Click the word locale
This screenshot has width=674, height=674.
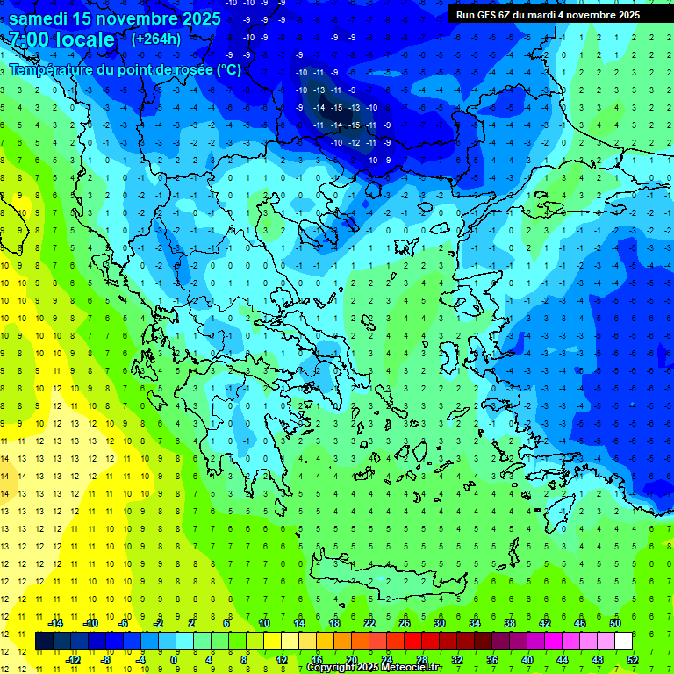84,39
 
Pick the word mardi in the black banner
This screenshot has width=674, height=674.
548,15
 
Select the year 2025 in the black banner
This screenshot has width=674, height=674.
625,15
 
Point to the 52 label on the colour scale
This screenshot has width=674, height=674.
632,659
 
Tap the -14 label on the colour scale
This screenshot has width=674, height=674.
55,623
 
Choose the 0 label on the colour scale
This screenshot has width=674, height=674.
174,659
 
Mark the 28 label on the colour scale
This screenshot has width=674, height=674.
422,659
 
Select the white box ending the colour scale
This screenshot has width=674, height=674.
623,642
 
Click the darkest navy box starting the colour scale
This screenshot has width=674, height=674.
44,642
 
